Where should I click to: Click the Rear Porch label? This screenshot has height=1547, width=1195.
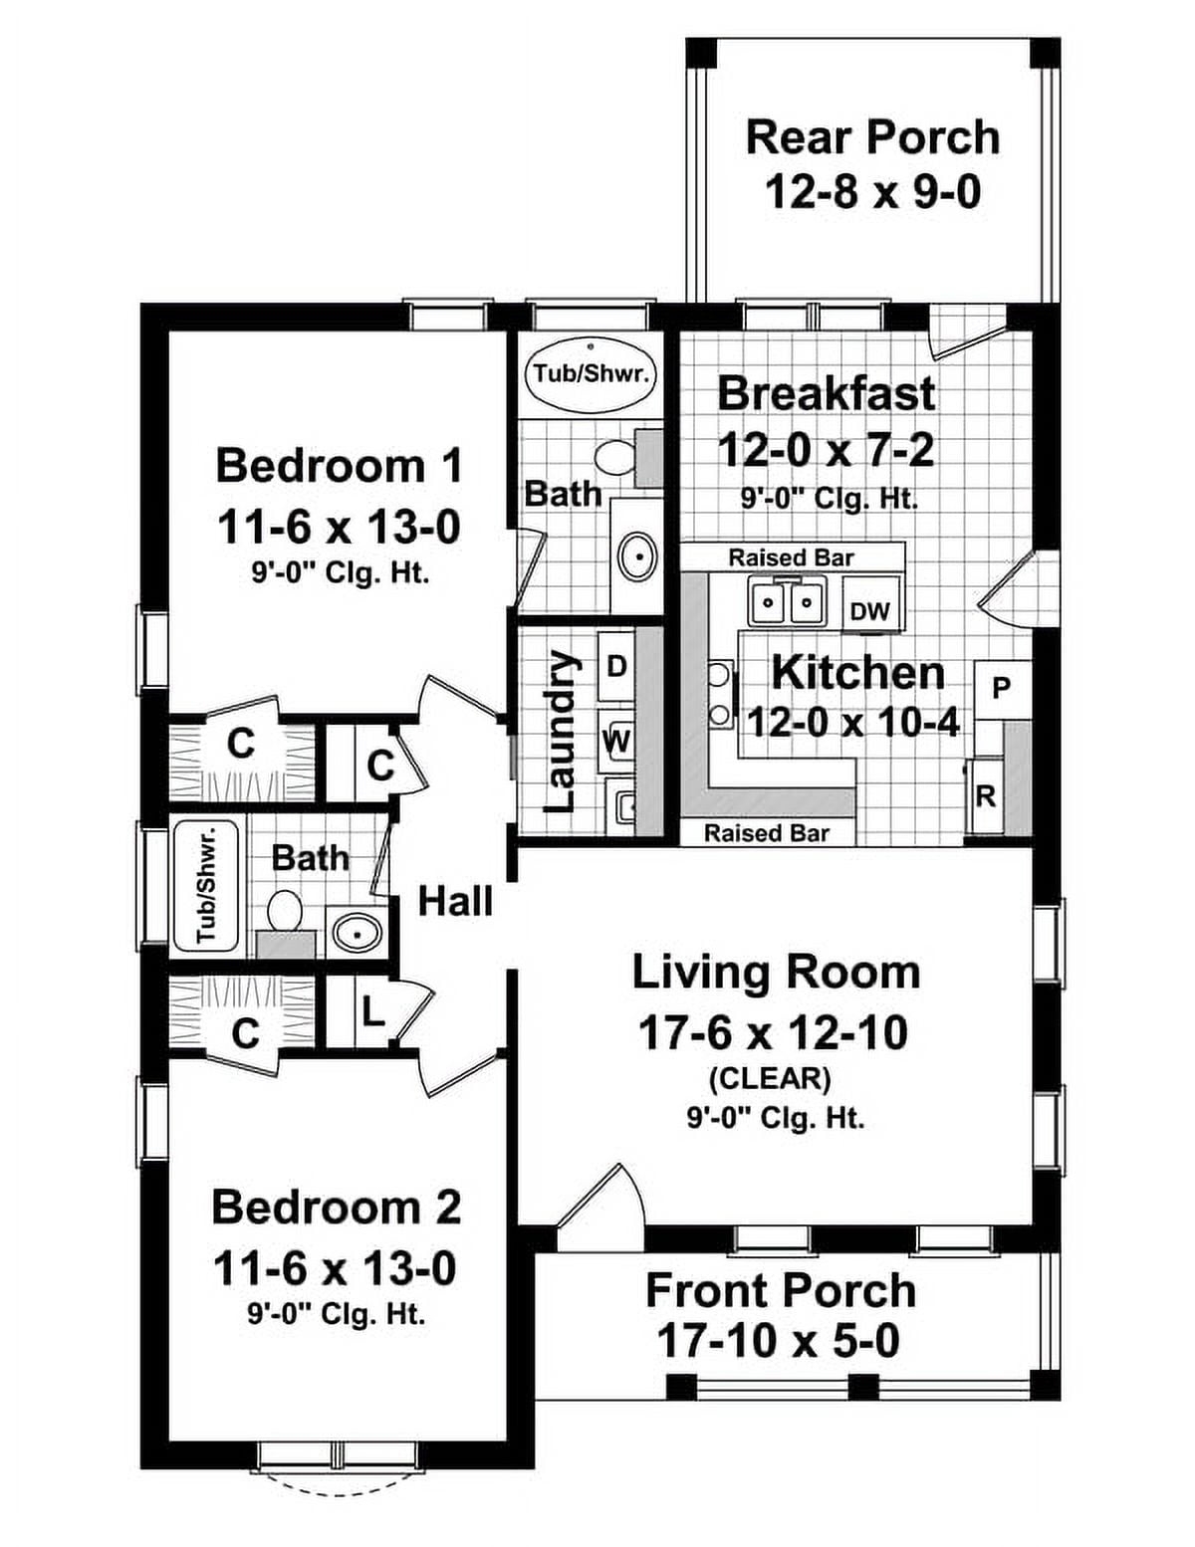[x=872, y=137]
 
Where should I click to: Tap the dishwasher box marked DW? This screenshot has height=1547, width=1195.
[x=870, y=610]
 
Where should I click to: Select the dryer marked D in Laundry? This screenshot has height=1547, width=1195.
[x=616, y=666]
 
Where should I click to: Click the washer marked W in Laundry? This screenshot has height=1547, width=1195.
[x=616, y=741]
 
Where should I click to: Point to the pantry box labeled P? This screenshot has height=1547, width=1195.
[x=1002, y=688]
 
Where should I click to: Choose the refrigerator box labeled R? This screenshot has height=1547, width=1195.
[x=985, y=796]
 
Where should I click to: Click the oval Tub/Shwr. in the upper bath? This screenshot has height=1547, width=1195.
[x=592, y=374]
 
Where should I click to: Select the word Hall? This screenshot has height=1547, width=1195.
[x=455, y=901]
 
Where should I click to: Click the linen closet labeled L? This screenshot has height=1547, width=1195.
[x=371, y=1013]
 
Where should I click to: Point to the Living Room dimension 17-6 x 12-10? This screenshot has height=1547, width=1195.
[x=773, y=1033]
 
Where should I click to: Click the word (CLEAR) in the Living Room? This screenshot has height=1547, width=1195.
[x=770, y=1078]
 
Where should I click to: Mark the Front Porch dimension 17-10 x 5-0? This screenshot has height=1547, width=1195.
[x=778, y=1341]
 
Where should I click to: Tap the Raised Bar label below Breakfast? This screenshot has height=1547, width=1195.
[x=791, y=557]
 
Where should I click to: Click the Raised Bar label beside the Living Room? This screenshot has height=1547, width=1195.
[x=766, y=832]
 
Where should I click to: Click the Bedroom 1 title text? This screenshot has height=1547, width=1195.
[x=339, y=466]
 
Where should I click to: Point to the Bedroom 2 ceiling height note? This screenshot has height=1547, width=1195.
[x=337, y=1314]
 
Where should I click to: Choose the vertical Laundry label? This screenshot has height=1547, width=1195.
[x=562, y=731]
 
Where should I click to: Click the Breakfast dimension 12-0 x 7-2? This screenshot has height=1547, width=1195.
[x=826, y=451]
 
